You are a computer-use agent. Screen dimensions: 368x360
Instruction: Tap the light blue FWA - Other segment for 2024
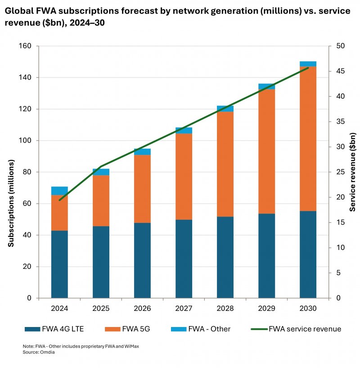coord(59,191)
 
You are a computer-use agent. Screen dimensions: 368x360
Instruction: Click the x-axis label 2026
coord(142,309)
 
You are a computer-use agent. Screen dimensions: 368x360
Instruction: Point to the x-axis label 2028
coord(225,309)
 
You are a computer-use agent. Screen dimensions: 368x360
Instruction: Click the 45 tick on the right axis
coord(340,71)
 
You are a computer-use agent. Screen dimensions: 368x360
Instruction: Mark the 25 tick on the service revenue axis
coord(340,172)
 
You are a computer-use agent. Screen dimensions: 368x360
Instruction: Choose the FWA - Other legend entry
coord(198,329)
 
